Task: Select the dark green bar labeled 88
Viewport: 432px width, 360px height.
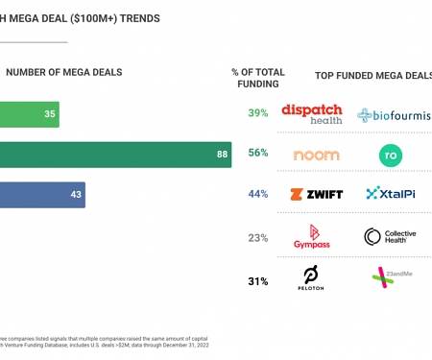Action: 115,155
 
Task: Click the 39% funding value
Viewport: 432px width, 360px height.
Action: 257,114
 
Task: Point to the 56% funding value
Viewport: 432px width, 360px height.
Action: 257,155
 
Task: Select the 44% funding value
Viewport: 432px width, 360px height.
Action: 257,195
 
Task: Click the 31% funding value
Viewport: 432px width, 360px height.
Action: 257,281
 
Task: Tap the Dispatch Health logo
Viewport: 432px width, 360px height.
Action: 311,114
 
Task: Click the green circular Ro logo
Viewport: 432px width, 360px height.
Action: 390,156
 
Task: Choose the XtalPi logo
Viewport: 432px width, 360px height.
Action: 390,195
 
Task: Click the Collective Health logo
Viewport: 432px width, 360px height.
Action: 390,237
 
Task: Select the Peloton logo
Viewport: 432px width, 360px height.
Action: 310,278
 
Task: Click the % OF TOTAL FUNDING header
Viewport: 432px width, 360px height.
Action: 257,78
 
